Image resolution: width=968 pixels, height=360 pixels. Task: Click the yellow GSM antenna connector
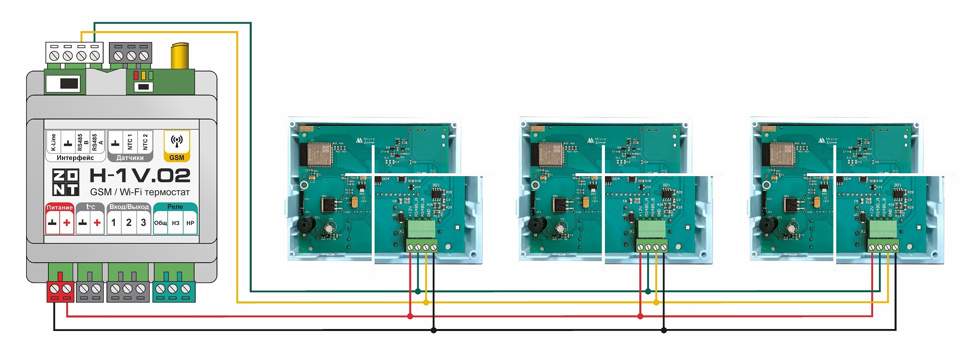coord(180,56)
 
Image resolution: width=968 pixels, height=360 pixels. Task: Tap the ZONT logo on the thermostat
coord(66,182)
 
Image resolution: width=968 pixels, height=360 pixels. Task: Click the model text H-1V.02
coord(140,176)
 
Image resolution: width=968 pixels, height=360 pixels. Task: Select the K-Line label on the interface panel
coord(53,142)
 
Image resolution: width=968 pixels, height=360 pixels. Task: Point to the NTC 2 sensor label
coord(145,142)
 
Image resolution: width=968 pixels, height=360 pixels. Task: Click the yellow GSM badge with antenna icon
coord(177,145)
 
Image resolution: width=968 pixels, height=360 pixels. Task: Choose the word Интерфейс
coord(75,158)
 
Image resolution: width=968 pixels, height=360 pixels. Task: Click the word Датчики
coord(130,158)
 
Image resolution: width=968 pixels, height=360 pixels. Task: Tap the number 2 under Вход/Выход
coord(129,223)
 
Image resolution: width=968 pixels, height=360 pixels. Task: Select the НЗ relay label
coord(176,223)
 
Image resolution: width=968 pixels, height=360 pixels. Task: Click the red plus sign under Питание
coord(67,223)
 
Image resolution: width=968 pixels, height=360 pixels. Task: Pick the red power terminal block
coord(60,290)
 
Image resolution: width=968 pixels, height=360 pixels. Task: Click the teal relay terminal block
coord(174,290)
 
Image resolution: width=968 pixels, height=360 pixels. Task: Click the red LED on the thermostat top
coord(136,75)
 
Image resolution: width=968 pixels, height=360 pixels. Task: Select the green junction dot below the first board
coord(418,291)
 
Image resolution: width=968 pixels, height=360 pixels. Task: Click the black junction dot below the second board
coord(664,330)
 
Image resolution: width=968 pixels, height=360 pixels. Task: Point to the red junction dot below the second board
coord(640,316)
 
